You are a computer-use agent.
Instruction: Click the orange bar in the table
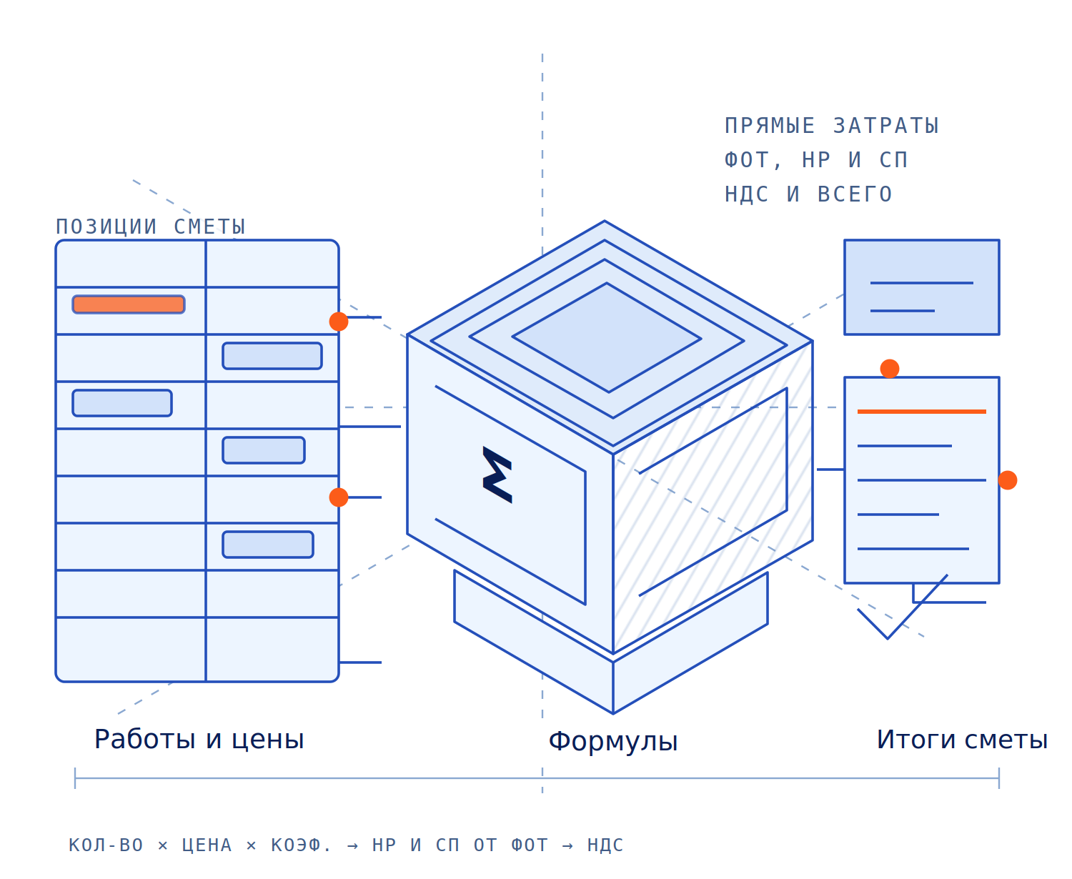coord(128,304)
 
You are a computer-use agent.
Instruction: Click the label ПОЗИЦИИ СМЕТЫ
coord(151,227)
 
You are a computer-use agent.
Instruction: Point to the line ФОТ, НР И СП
coord(815,159)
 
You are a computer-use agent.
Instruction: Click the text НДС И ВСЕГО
coord(808,194)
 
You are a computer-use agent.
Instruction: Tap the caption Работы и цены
coord(199,739)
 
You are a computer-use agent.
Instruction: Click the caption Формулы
coord(612,742)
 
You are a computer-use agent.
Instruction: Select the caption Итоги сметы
coord(962,739)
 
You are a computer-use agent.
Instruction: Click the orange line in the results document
coord(921,412)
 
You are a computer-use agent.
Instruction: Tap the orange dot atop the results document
coord(889,369)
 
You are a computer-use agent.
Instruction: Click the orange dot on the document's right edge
coord(1007,480)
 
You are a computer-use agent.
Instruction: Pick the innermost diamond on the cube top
coord(607,337)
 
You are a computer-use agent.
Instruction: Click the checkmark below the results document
coord(887,638)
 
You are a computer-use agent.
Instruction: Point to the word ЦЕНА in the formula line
coord(207,845)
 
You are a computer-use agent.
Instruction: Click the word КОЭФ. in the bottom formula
coord(300,845)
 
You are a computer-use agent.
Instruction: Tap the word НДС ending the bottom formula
coord(605,845)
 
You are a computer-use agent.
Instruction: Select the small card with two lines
coord(921,287)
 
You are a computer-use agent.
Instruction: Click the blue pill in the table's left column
coord(122,402)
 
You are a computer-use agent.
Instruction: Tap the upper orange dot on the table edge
coord(339,322)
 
